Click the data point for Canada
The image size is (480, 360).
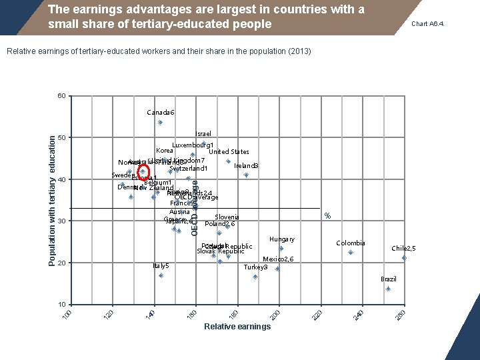click(160, 123)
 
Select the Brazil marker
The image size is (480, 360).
click(388, 289)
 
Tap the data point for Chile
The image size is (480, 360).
click(404, 257)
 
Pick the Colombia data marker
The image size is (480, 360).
click(351, 252)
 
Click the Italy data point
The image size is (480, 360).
click(161, 275)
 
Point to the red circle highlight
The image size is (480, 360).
click(143, 171)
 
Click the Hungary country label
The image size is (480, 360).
click(281, 239)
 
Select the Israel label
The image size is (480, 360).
click(203, 134)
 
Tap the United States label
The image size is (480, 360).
click(229, 152)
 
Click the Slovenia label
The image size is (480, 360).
click(227, 217)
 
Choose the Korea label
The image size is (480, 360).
click(164, 151)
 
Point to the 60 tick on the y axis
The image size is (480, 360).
click(61, 96)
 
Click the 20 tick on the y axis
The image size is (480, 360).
click(61, 263)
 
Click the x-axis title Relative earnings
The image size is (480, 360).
click(237, 327)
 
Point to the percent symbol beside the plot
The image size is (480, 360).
click(327, 215)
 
